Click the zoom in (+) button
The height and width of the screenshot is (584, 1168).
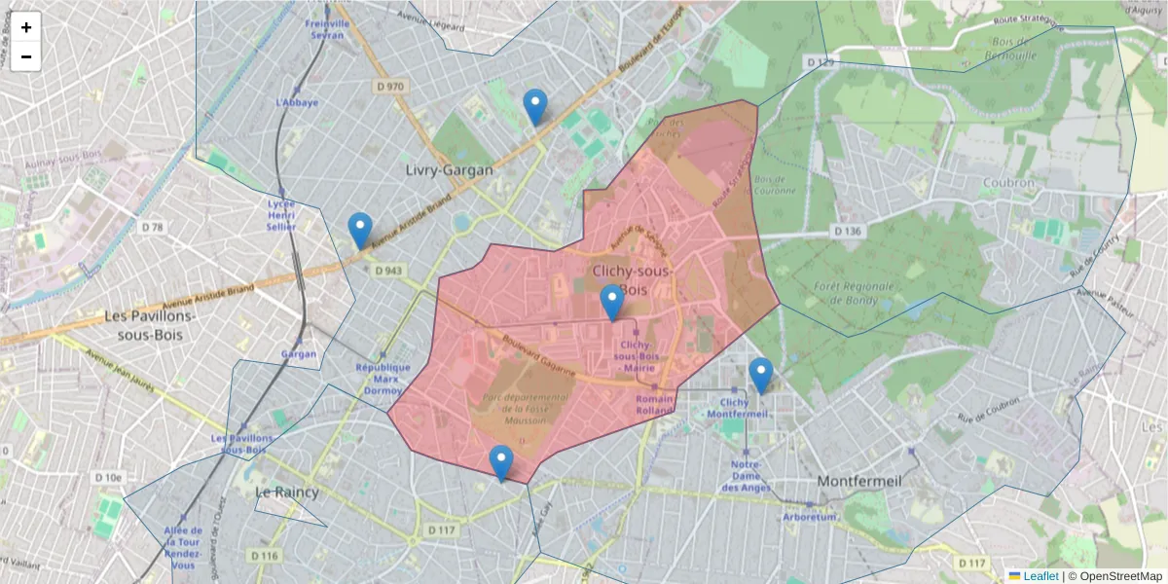tap(26, 27)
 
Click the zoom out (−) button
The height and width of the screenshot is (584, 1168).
tap(26, 56)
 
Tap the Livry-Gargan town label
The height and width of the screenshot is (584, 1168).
tap(449, 170)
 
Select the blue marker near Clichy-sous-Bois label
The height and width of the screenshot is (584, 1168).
tap(611, 303)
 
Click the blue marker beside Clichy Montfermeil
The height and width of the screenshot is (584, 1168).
tap(760, 375)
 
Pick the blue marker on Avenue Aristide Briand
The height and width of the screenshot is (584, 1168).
tap(360, 231)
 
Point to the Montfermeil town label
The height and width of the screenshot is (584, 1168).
tap(860, 481)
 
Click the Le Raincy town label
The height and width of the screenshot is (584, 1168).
tap(286, 493)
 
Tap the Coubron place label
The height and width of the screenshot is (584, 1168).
tap(1007, 182)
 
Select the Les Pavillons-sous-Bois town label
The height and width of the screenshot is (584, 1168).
tap(150, 326)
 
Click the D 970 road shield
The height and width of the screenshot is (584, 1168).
tap(389, 87)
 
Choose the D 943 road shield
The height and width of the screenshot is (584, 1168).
tap(387, 271)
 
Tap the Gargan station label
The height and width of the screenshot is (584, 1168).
tap(299, 354)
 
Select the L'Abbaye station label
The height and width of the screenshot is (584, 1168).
tap(297, 102)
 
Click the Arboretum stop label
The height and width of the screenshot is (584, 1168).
tap(810, 517)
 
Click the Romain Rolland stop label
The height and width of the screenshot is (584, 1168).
tap(655, 404)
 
